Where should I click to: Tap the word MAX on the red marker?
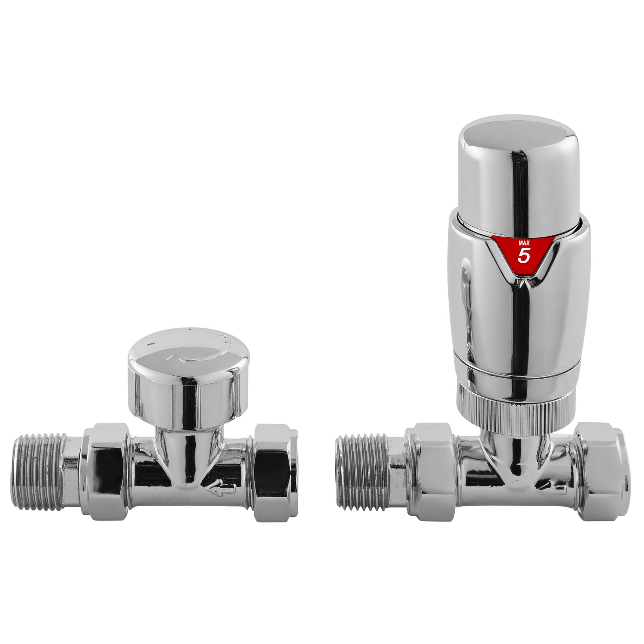coord(524,243)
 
